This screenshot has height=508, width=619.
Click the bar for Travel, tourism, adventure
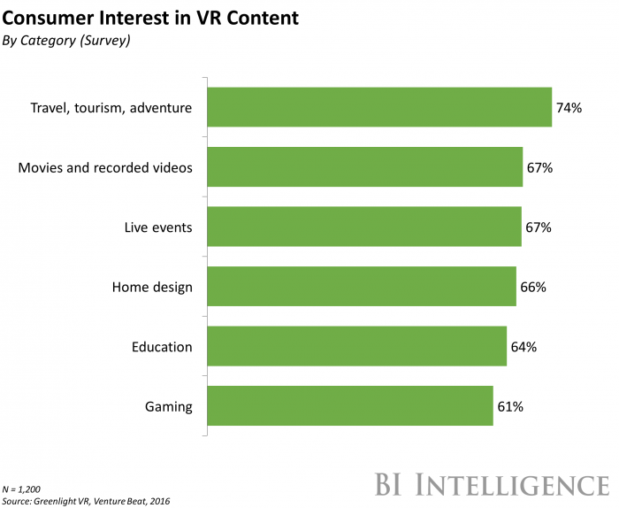(x=379, y=107)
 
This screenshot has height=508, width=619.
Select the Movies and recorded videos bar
(x=364, y=167)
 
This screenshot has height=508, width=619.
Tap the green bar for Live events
(x=363, y=227)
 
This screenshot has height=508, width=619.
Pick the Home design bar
(x=361, y=287)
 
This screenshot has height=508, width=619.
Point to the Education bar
(x=356, y=347)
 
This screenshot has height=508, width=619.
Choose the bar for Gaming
(x=349, y=406)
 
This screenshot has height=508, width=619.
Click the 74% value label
(x=569, y=108)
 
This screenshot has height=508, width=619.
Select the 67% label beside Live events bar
(x=538, y=227)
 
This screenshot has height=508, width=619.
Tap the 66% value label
(x=533, y=287)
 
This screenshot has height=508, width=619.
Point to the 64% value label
(x=523, y=347)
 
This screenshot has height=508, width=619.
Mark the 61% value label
(x=509, y=406)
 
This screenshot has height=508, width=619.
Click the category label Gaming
(x=168, y=406)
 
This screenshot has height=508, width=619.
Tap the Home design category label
(x=152, y=287)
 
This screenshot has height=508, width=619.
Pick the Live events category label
(x=158, y=227)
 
